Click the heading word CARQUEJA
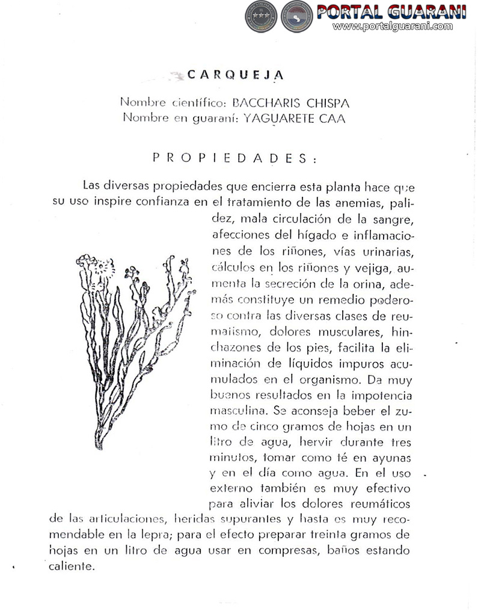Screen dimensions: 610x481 point(227,75)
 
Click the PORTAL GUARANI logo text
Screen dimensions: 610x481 point(392,11)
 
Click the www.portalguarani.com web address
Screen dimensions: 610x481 point(392,26)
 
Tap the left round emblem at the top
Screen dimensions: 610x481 point(260,16)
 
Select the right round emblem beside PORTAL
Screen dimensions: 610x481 point(297,16)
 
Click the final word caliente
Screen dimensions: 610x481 point(74,567)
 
